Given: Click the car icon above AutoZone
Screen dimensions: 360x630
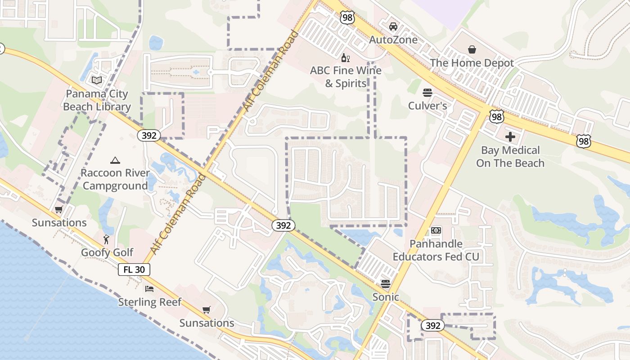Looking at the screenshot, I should click(x=393, y=26).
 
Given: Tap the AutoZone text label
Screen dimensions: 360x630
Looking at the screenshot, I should click(x=393, y=40).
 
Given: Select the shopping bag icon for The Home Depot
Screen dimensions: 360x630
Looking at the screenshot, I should click(x=472, y=49).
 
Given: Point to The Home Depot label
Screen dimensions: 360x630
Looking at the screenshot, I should click(x=472, y=63).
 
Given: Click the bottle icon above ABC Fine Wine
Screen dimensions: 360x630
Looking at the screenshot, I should click(x=346, y=58).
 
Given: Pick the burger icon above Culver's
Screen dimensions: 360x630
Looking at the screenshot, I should click(x=427, y=93).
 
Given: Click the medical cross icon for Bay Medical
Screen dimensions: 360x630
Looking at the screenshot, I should click(x=510, y=136).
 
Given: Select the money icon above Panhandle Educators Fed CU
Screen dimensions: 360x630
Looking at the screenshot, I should click(x=436, y=230).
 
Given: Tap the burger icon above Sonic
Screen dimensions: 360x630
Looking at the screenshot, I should click(x=385, y=283).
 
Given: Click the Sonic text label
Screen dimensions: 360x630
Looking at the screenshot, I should click(x=386, y=297).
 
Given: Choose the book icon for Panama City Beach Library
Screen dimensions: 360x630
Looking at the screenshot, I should click(x=97, y=81).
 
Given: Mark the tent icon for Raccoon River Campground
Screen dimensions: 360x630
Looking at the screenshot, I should click(x=115, y=160).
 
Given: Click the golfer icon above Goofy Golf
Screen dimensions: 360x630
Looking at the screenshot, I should click(x=107, y=239).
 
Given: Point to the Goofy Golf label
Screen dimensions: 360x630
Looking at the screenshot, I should click(x=107, y=252).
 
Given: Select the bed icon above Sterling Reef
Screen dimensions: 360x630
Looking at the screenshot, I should click(x=149, y=288).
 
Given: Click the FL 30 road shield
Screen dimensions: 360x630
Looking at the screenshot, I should click(x=134, y=270).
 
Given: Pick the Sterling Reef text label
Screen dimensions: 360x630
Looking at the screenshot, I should click(x=149, y=302).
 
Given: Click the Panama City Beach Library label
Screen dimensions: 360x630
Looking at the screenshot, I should click(x=97, y=100).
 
